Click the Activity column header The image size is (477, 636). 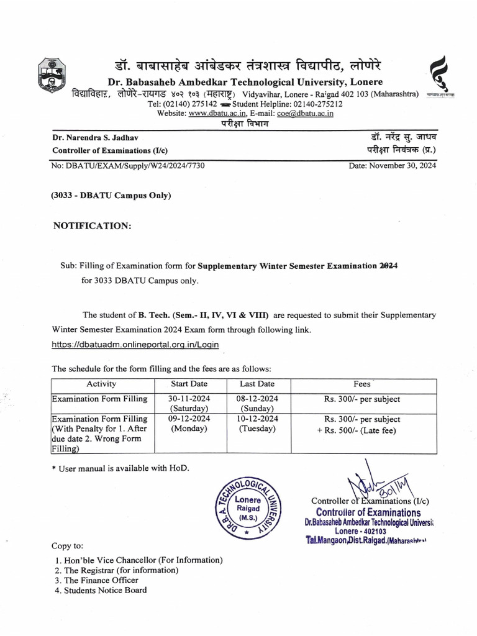[x=101, y=384]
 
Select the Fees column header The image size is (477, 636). [x=362, y=384]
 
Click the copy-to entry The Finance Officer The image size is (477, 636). [x=96, y=580]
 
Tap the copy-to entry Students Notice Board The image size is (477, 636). [x=101, y=590]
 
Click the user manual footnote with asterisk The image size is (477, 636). [x=111, y=467]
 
